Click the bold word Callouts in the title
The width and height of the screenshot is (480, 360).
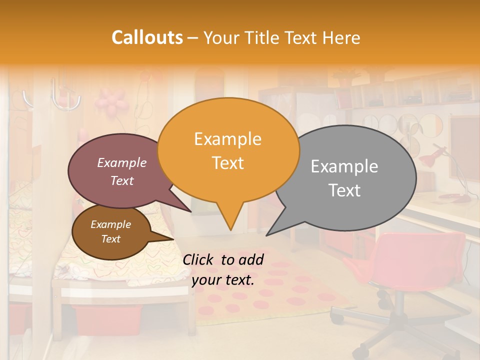[147, 37]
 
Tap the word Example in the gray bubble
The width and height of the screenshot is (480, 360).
[344, 166]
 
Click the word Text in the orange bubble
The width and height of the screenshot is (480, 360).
[228, 163]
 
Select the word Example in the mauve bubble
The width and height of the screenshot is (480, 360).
[122, 162]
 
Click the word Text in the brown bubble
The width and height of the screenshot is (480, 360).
[111, 239]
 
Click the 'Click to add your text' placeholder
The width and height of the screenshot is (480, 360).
[223, 270]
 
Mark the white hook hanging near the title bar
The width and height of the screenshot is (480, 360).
[65, 97]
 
